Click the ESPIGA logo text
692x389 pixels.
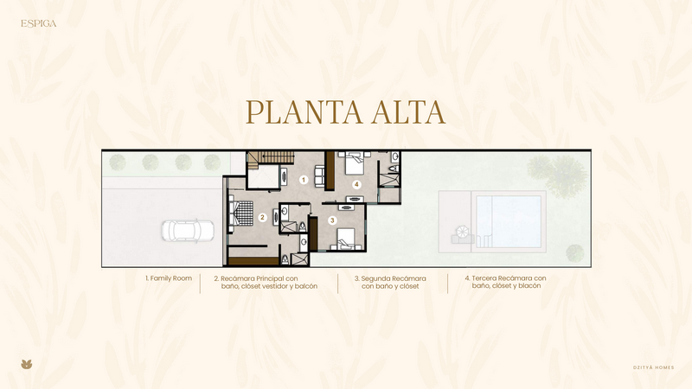[38, 23]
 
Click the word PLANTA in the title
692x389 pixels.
[304, 112]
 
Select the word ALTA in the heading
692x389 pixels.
[408, 112]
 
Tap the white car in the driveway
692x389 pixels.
[188, 230]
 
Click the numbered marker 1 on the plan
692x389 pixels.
[304, 180]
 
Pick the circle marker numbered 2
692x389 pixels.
[263, 218]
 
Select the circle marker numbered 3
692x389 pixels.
[332, 220]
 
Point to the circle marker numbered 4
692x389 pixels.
[356, 184]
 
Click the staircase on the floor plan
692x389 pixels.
[271, 159]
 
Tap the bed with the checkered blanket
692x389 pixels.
[241, 214]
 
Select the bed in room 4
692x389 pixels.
[354, 163]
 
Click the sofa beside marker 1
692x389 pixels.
[319, 176]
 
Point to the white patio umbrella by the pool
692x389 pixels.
[463, 232]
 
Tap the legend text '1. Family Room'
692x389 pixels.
[169, 278]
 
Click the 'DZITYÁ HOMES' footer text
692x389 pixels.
[654, 367]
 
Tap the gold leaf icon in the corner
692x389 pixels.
[27, 364]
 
